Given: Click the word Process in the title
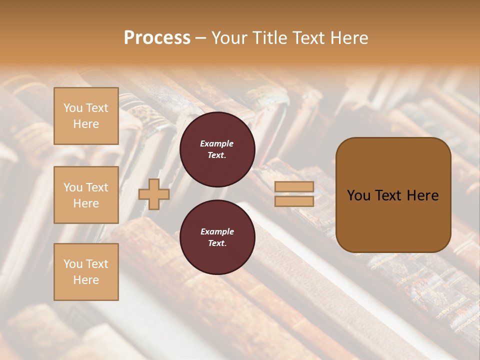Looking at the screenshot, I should pos(157,38).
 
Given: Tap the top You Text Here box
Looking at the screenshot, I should pos(86,116).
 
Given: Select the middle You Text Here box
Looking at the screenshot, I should pos(86,195).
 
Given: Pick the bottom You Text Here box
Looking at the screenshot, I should pos(86,272).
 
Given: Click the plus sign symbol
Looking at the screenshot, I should pos(154,194).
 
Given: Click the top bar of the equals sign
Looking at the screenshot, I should pos(294,186).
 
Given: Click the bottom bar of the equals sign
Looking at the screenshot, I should pos(294,201).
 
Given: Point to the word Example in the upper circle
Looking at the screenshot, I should pos(217,143).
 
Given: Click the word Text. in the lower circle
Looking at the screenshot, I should pos(217,243).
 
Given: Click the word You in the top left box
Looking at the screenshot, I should pos(73,108).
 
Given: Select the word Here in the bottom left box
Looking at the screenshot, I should pos(86,280).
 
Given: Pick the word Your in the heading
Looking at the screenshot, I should pos(229,38).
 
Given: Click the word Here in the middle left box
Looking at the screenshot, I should pos(86,203).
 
